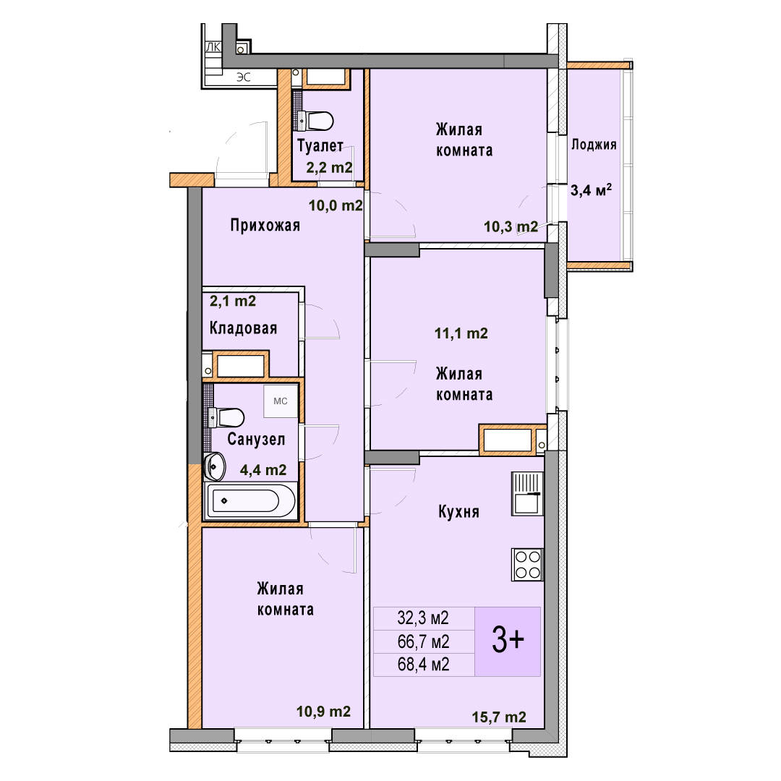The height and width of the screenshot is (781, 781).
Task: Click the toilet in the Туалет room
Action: pyautogui.click(x=315, y=120)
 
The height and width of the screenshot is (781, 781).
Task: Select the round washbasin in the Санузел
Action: pyautogui.click(x=214, y=466)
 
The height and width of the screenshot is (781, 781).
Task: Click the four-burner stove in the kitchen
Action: pyautogui.click(x=527, y=564)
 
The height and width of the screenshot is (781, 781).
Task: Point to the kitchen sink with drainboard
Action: pyautogui.click(x=527, y=494)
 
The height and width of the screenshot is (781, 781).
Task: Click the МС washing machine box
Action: pyautogui.click(x=281, y=401)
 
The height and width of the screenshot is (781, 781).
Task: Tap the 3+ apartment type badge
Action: pyautogui.click(x=508, y=641)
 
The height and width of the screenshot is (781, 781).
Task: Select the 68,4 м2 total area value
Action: pyautogui.click(x=423, y=664)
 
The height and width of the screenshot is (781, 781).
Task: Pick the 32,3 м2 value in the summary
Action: pyautogui.click(x=423, y=618)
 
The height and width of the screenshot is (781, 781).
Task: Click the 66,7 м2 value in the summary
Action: pyautogui.click(x=423, y=641)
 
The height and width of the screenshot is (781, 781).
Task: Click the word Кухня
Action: pyautogui.click(x=458, y=511)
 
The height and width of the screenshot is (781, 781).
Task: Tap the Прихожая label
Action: pyautogui.click(x=265, y=226)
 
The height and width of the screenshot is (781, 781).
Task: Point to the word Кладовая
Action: pyautogui.click(x=243, y=328)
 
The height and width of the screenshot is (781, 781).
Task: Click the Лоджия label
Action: pyautogui.click(x=594, y=145)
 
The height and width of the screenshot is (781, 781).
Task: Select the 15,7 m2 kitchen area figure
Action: pyautogui.click(x=499, y=717)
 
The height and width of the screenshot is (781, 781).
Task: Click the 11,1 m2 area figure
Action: pyautogui.click(x=461, y=333)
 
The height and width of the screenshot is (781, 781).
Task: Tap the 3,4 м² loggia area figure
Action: pyautogui.click(x=592, y=189)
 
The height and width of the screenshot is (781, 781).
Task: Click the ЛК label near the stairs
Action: pyautogui.click(x=213, y=47)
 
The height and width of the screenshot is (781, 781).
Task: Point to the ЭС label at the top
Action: pyautogui.click(x=244, y=77)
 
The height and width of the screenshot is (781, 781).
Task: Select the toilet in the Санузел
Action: pyautogui.click(x=226, y=417)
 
